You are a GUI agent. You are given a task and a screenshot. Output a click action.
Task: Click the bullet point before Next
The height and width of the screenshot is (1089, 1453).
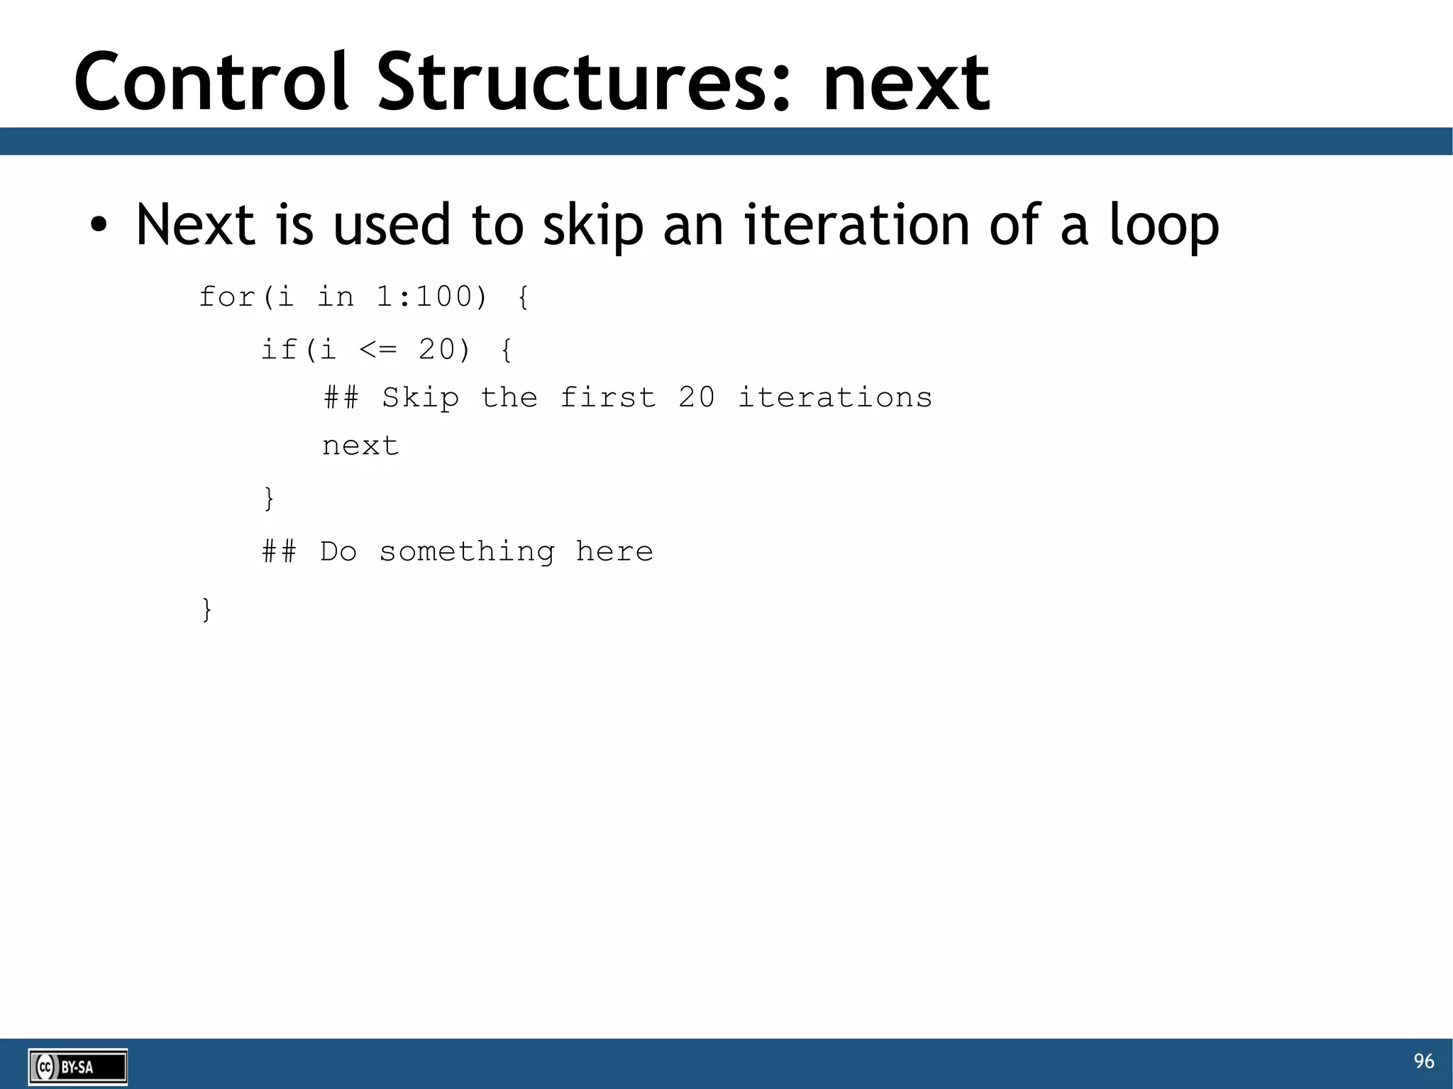tap(99, 226)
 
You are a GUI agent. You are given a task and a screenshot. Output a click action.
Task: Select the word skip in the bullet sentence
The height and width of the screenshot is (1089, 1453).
tap(593, 226)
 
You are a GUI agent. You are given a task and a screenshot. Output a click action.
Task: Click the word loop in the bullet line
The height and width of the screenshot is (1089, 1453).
tap(1164, 226)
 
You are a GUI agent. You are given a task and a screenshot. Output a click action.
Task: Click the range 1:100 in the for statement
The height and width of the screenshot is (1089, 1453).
tap(431, 297)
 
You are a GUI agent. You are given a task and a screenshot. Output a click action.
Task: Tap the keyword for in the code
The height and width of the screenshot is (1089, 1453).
tap(227, 297)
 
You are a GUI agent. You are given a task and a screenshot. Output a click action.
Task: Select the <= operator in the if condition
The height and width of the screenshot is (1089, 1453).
tap(378, 349)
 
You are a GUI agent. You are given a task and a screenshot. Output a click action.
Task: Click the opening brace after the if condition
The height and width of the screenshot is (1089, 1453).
tap(507, 349)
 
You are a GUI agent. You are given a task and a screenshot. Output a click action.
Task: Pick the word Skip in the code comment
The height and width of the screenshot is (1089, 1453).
tap(421, 397)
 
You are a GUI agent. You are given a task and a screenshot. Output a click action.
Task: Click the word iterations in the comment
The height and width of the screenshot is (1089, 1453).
tap(835, 397)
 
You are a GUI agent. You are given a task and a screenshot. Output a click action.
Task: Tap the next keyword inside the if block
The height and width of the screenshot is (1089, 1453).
tap(360, 446)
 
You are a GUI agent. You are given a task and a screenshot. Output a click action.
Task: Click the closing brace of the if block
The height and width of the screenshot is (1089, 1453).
tap(269, 498)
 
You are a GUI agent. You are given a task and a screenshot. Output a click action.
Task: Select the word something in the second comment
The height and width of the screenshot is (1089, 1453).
tap(467, 551)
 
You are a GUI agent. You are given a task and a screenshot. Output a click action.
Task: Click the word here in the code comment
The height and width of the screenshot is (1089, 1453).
tap(614, 551)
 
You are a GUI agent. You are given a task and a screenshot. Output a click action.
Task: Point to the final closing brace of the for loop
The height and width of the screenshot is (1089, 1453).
tap(206, 609)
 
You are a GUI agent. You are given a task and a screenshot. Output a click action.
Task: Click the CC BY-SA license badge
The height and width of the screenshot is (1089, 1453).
tap(78, 1066)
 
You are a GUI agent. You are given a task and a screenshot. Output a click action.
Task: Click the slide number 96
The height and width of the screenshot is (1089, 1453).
tap(1423, 1061)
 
